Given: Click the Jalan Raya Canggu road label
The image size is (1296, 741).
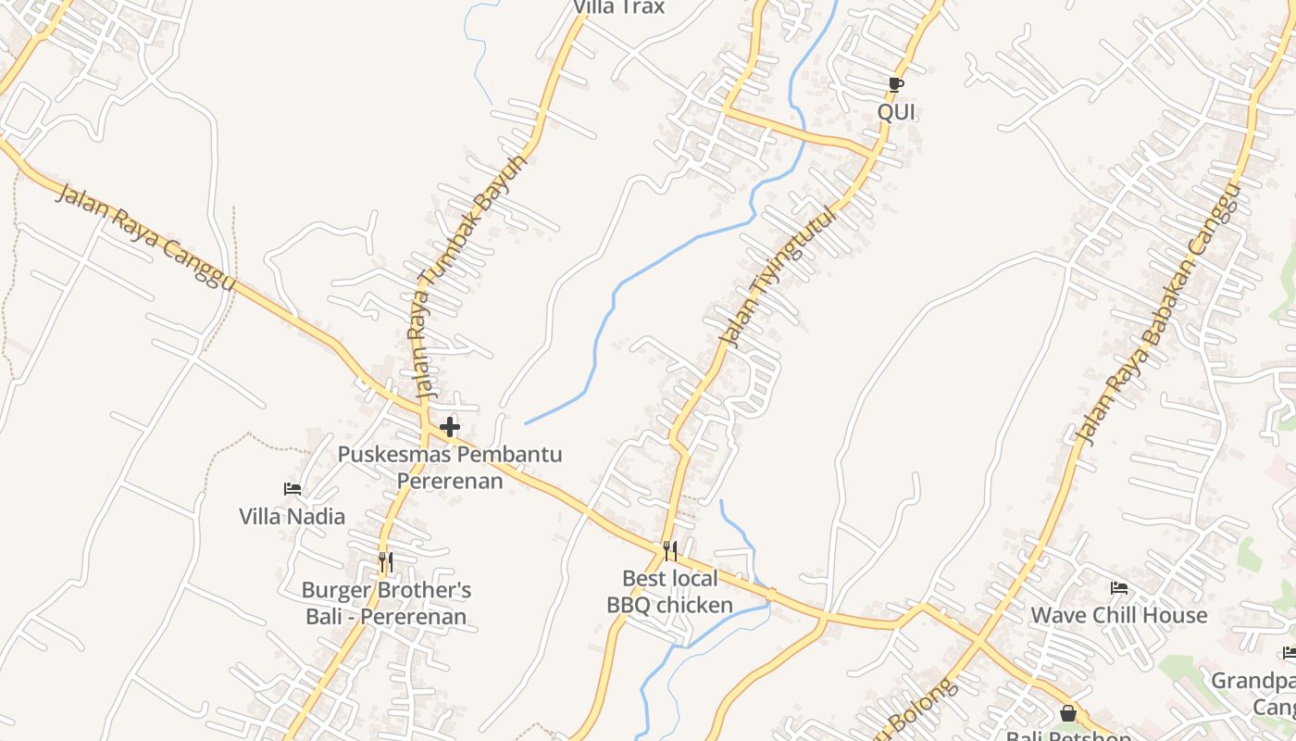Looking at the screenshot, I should (146, 237).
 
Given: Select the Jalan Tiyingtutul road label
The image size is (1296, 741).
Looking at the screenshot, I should (779, 277).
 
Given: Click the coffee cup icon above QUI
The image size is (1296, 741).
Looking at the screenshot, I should (895, 84).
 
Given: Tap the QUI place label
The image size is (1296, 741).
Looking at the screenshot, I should (896, 112).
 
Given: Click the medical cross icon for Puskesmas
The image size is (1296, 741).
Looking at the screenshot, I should (450, 427).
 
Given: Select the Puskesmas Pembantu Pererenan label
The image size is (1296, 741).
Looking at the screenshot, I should (450, 468).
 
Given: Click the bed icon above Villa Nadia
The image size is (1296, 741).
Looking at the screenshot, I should (293, 489).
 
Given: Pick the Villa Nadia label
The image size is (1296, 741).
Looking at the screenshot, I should (293, 517).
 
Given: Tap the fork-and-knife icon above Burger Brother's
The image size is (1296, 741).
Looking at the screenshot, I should (386, 561).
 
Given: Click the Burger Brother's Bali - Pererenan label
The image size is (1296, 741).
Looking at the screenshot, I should (386, 603).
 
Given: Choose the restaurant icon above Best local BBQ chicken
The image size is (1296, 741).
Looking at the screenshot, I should (670, 551).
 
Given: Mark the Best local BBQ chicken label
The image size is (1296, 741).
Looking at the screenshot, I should (670, 592).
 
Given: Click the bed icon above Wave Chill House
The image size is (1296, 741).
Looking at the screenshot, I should (1119, 587).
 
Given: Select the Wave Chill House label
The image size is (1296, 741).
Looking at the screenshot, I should (1119, 615).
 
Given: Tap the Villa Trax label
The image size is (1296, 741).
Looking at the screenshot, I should (619, 7).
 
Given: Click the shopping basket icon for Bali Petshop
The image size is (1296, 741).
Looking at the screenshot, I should (1068, 713).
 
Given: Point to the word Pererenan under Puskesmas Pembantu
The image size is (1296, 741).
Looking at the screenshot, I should (450, 481).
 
